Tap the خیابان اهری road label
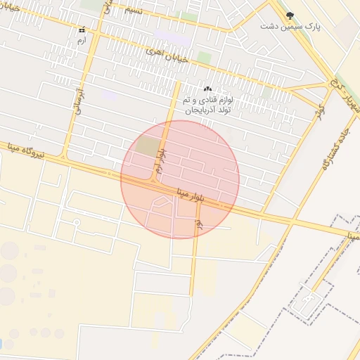167,56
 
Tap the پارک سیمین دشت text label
290,26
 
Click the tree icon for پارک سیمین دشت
290,15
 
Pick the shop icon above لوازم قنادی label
207,89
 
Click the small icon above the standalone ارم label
82,30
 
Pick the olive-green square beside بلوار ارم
148,146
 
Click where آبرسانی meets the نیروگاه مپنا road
64,159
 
